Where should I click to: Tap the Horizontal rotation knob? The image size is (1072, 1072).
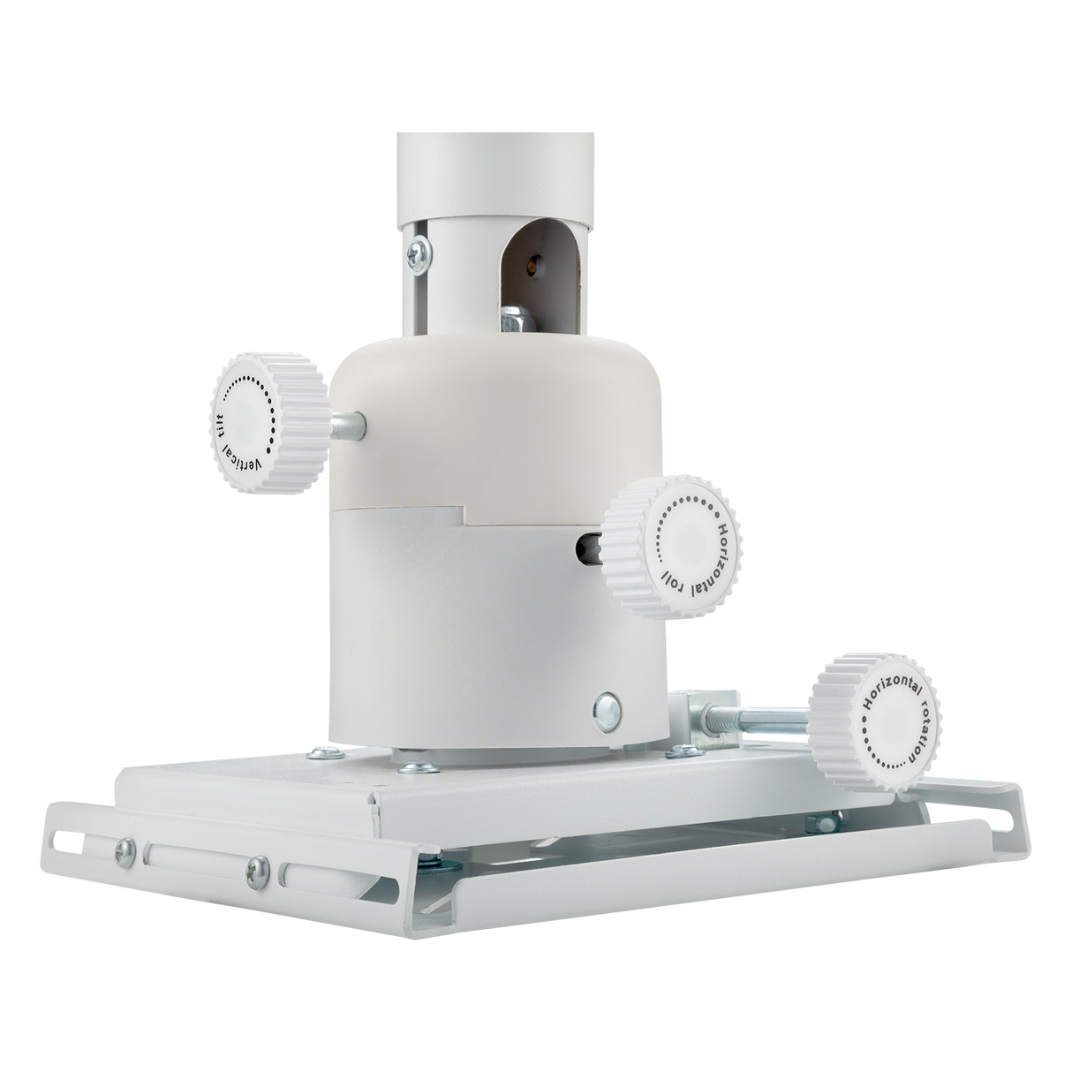click(877, 717)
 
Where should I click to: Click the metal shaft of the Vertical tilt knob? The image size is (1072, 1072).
click(349, 426)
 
